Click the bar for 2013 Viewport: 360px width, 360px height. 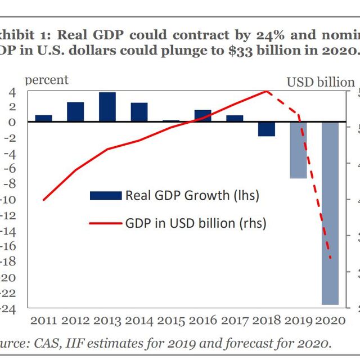(x=107, y=107)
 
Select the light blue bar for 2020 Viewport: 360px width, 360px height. (x=330, y=213)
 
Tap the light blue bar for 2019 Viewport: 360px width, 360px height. (x=298, y=150)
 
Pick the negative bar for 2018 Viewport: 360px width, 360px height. (x=267, y=129)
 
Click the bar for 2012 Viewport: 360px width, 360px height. (x=75, y=112)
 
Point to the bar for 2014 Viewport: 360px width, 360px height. (x=139, y=112)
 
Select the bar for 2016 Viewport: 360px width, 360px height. (x=203, y=115)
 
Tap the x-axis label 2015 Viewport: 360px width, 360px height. (x=172, y=321)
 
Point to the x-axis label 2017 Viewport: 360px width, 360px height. (x=236, y=321)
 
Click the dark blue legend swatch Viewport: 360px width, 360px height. (x=105, y=196)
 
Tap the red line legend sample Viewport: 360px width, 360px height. (x=105, y=223)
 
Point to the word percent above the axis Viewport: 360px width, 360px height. (x=47, y=80)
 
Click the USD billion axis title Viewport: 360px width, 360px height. (x=321, y=82)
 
